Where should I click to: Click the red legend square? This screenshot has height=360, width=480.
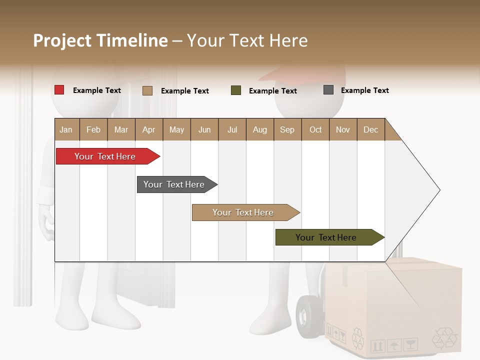[x=59, y=90]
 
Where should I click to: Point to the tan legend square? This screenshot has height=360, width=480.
[x=147, y=90]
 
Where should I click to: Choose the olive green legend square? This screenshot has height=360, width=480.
[x=236, y=90]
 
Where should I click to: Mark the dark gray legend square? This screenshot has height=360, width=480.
[x=328, y=90]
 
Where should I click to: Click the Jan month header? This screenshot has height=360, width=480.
[x=66, y=129]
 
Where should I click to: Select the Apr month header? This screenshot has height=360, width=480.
[x=148, y=129]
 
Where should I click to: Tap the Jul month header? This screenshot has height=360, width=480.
[x=232, y=129]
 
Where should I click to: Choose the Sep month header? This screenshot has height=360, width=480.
[x=287, y=129]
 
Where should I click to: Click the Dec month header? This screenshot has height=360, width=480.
[x=370, y=129]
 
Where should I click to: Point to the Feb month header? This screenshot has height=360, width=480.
[x=93, y=129]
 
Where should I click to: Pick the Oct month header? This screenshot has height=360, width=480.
[x=315, y=129]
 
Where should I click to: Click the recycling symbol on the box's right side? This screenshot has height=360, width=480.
[x=444, y=337]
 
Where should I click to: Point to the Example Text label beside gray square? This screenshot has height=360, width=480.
[x=364, y=90]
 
